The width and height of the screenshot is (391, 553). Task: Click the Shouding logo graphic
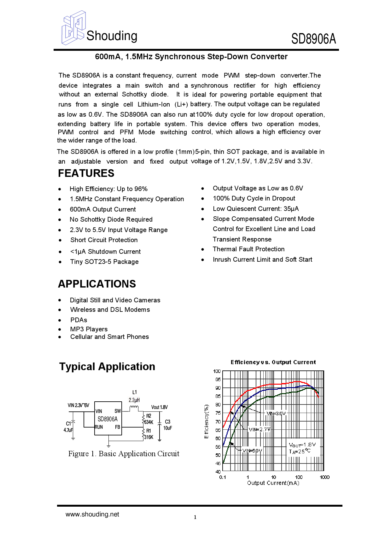click(x=73, y=28)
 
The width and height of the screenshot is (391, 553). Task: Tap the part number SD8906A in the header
click(x=313, y=39)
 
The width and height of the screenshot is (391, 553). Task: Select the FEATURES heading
click(x=86, y=173)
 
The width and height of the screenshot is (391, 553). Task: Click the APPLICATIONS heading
click(x=97, y=284)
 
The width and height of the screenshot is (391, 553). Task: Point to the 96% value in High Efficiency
click(x=141, y=189)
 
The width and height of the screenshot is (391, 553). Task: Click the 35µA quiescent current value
click(x=291, y=209)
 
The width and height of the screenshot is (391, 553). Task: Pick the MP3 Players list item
click(x=89, y=329)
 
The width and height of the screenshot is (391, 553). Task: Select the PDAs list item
click(x=79, y=320)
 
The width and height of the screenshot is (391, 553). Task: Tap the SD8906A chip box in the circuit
click(x=108, y=419)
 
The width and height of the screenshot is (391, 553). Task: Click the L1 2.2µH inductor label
click(x=134, y=396)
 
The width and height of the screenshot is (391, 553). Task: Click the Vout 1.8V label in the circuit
click(x=160, y=407)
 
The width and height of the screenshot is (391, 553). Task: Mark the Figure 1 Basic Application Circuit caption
click(x=124, y=454)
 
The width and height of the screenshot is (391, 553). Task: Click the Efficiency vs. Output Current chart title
click(x=273, y=362)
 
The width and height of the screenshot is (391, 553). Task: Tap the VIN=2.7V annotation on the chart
click(x=260, y=429)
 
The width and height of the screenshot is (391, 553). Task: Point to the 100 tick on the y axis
click(x=217, y=371)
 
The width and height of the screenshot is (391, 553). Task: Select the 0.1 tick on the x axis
click(x=223, y=477)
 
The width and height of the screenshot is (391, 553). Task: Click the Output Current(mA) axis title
click(x=273, y=483)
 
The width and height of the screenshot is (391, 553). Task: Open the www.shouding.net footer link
click(x=92, y=514)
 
